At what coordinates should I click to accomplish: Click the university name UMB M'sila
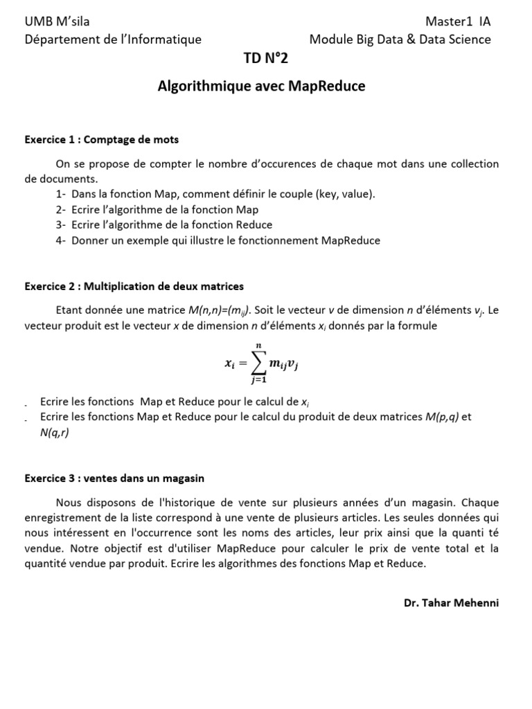[x=57, y=21]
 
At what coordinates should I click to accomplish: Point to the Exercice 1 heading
[x=101, y=140]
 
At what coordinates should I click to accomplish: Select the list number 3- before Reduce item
[x=61, y=225]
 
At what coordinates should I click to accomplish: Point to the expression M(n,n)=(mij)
[x=220, y=311]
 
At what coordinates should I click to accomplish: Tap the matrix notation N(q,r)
[x=55, y=432]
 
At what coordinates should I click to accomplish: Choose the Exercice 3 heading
[x=114, y=478]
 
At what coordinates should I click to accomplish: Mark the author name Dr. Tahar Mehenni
[x=451, y=602]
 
